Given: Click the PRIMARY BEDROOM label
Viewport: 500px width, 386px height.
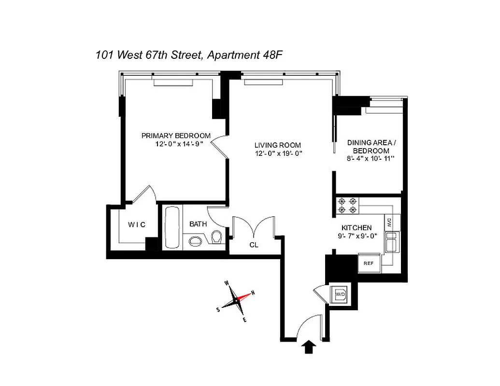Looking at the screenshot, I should (176, 136).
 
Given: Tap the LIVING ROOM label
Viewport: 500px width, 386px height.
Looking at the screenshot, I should (278, 145).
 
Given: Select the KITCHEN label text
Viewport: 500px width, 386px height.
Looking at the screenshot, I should (357, 228).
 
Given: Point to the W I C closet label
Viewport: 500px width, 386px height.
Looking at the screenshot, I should (137, 225).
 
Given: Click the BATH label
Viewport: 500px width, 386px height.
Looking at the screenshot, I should (198, 224).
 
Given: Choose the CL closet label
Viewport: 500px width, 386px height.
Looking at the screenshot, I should (254, 245).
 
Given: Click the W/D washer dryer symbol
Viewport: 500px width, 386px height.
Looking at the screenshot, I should (340, 294).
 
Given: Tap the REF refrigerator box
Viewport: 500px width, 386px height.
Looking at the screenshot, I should (369, 263).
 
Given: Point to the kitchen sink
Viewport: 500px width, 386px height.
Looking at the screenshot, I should (392, 241).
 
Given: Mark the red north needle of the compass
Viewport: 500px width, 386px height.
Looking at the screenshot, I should (245, 295).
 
